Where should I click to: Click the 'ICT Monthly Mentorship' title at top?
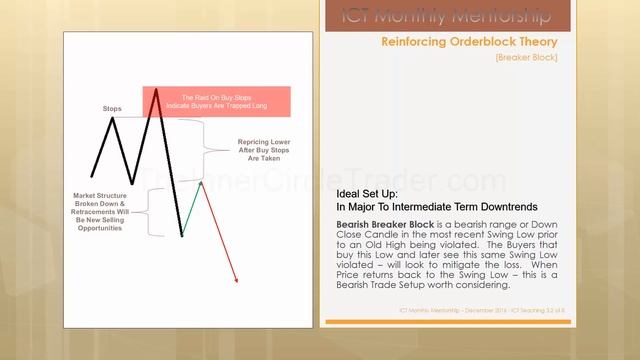click(459, 15)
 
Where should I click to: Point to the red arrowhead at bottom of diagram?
click(236, 281)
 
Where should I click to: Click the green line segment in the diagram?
click(192, 209)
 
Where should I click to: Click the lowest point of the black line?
click(182, 236)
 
